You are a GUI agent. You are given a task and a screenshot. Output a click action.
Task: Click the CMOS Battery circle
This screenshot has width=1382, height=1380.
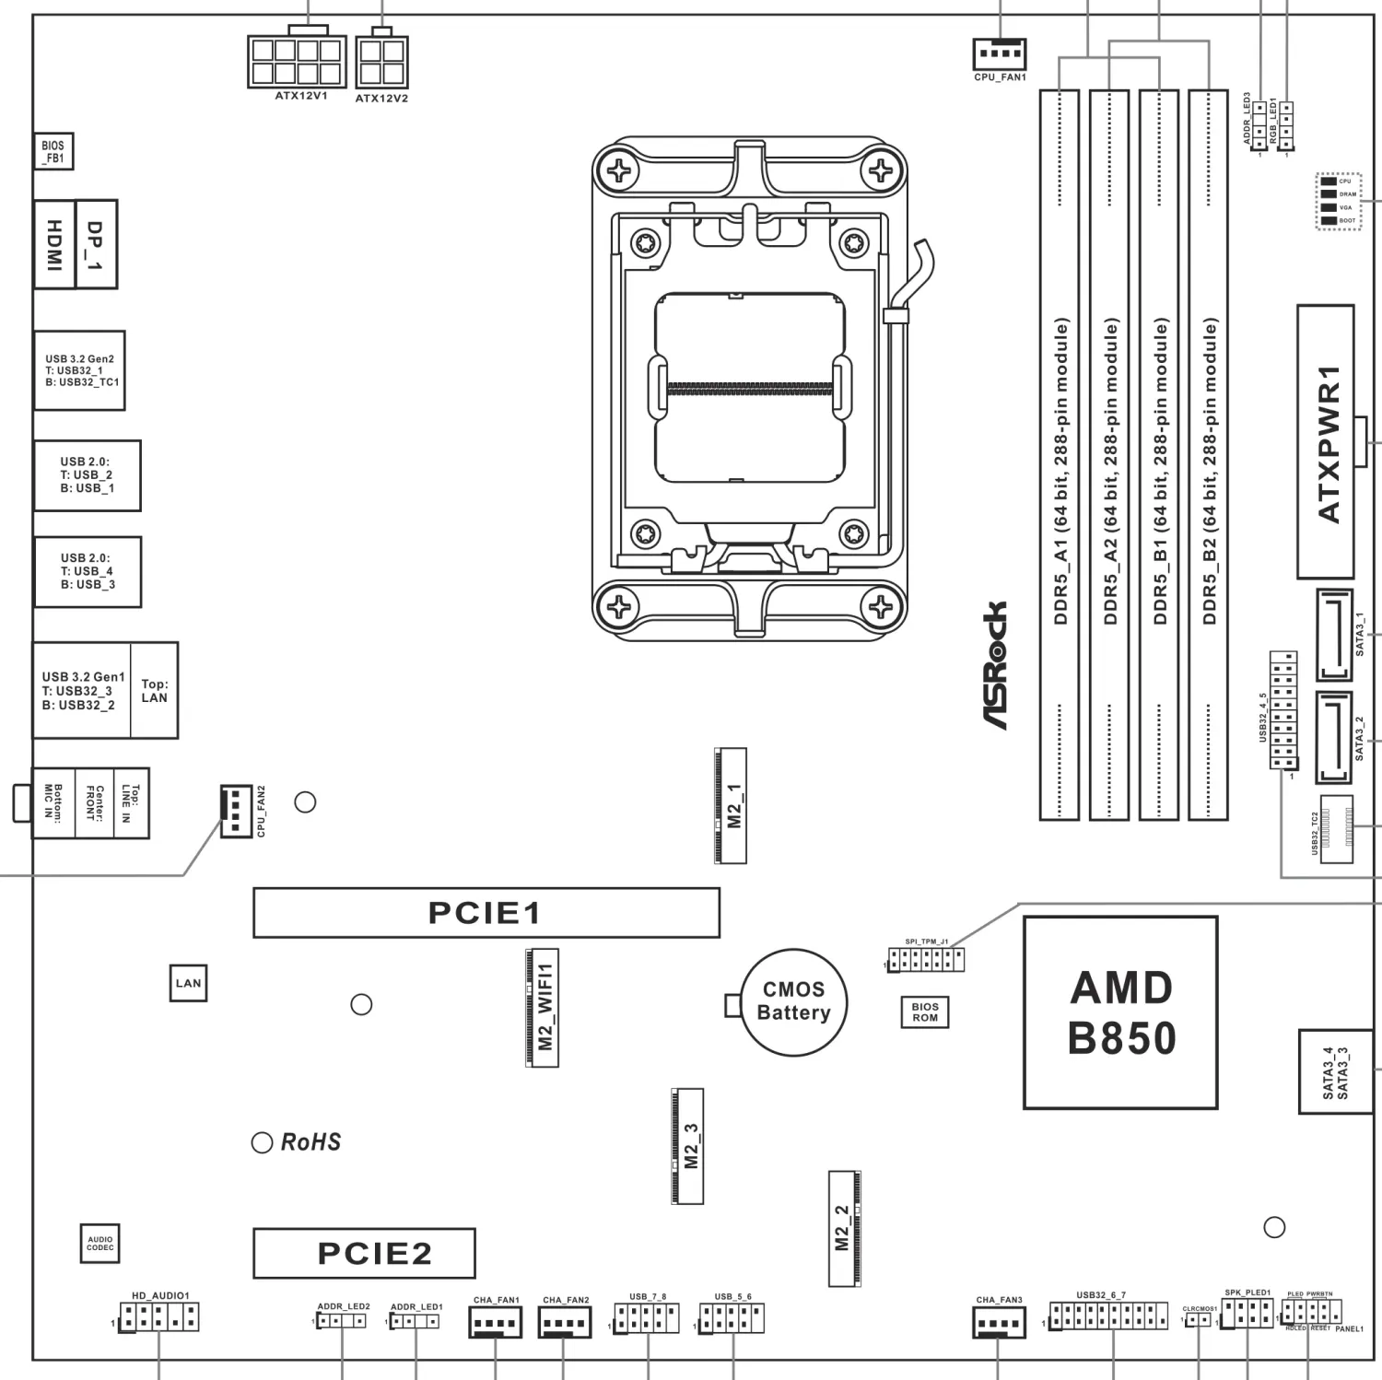point(793,1002)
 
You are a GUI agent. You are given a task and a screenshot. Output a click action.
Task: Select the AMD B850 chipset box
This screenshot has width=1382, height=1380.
point(1120,1012)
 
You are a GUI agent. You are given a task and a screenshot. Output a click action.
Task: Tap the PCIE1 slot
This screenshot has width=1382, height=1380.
point(486,913)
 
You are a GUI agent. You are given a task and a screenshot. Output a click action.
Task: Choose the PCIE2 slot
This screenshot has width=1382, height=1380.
point(364,1253)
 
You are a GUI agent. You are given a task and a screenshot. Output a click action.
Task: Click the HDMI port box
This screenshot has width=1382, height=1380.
point(54,244)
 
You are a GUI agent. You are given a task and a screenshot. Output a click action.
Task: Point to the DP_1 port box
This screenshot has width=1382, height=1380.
point(96,244)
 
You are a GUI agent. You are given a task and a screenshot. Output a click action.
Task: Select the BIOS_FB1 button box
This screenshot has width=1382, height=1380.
point(53,152)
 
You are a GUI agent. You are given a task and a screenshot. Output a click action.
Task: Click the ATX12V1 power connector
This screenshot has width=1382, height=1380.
point(297,62)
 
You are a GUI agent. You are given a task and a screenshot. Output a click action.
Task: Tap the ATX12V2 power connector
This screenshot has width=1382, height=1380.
point(381,62)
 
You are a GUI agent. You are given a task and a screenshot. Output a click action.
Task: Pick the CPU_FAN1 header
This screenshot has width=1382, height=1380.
point(1000,53)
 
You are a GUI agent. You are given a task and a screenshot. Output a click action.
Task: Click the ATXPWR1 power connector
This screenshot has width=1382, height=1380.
point(1326,442)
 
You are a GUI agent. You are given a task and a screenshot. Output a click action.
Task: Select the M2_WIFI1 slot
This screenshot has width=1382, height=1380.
point(543,1007)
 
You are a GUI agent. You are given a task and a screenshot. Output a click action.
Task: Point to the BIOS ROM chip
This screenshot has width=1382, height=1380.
point(925,1012)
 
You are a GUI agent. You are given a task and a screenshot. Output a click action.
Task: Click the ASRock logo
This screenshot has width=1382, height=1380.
point(995,665)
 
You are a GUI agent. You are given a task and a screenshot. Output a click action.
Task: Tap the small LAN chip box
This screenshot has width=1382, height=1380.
point(188,983)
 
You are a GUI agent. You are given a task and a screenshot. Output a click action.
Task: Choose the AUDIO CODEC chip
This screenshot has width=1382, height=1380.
point(100,1244)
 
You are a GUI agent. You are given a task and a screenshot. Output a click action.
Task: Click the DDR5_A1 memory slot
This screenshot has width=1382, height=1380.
point(1060,455)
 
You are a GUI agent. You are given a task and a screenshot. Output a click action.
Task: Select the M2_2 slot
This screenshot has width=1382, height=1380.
point(844,1229)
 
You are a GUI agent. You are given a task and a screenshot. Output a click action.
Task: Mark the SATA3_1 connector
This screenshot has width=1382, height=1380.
point(1334,636)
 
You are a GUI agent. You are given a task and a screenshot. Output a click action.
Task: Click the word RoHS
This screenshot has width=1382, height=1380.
point(310,1142)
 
